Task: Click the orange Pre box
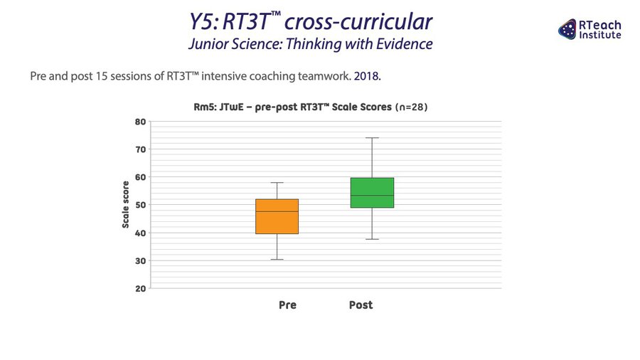[277, 216]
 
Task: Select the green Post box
[372, 193]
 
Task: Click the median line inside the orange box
[277, 211]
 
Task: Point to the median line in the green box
[372, 196]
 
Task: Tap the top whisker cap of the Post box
[372, 138]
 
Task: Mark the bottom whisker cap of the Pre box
[277, 260]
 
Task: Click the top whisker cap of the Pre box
[277, 183]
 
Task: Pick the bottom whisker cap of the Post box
[372, 239]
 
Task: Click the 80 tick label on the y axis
[140, 122]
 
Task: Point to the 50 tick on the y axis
[140, 205]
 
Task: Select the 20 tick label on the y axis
[140, 289]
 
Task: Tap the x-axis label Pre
[287, 305]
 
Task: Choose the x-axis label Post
[361, 305]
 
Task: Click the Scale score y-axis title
[125, 204]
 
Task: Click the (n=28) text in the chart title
[411, 107]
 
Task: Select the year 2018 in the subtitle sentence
[366, 76]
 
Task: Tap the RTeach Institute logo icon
[567, 29]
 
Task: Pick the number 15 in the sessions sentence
[101, 76]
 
